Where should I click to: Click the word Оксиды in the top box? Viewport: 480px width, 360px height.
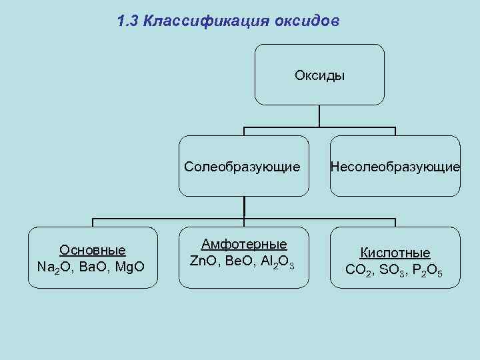click(x=319, y=75)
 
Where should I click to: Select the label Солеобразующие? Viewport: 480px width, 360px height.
click(x=242, y=166)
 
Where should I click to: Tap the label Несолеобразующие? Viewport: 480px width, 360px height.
click(x=395, y=166)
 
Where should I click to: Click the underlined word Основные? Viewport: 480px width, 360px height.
click(x=92, y=251)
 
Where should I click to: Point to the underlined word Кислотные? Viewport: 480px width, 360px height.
click(x=395, y=253)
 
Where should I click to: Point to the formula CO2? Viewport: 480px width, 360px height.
click(x=360, y=270)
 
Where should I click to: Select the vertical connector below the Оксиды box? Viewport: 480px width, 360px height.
click(x=319, y=116)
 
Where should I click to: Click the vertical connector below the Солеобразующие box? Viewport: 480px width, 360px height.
click(x=244, y=207)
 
